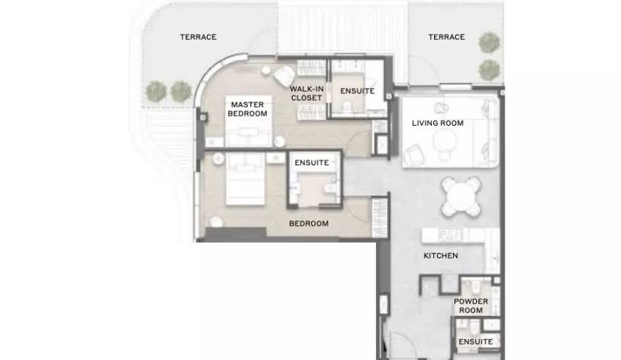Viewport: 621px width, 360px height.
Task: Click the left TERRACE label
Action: [x=198, y=37]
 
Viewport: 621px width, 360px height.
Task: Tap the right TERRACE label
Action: [x=446, y=37]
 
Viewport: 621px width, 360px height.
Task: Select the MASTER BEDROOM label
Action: [x=248, y=109]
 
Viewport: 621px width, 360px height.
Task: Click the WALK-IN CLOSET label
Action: [x=306, y=93]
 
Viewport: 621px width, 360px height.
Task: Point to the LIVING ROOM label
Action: [x=438, y=123]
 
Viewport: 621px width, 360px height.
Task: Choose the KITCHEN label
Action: [x=441, y=256]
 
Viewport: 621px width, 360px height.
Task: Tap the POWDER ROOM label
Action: [x=471, y=306]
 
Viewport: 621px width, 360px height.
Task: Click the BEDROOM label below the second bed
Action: [x=309, y=223]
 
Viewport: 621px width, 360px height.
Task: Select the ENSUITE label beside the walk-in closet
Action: [x=357, y=91]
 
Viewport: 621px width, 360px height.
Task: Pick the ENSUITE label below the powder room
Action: [x=476, y=342]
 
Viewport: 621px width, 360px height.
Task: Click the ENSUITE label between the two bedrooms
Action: [x=312, y=163]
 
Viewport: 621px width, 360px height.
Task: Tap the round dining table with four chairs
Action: [x=462, y=196]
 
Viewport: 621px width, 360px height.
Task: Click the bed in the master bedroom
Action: [x=248, y=121]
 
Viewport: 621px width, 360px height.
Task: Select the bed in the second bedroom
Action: [x=246, y=179]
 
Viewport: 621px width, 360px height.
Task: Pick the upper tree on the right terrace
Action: [x=490, y=42]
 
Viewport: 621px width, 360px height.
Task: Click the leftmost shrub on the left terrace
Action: [x=156, y=92]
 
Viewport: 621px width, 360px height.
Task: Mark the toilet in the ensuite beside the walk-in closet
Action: [x=348, y=106]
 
